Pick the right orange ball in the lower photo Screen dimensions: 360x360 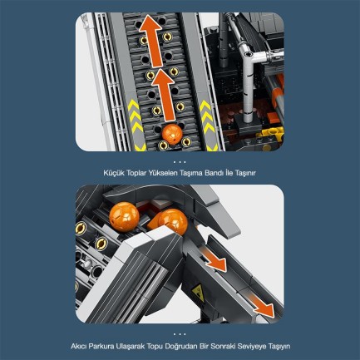(x=170, y=222)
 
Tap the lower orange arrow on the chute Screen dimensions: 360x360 (x=263, y=308)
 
